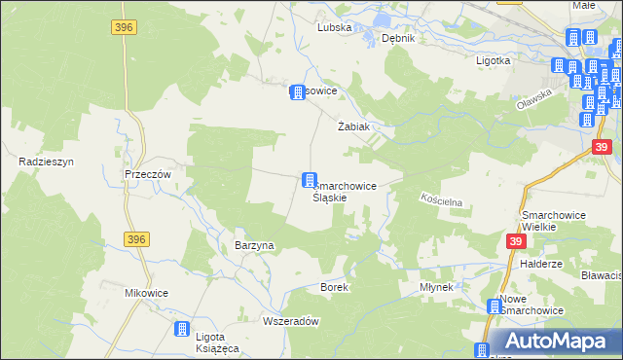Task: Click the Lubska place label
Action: [x=334, y=28]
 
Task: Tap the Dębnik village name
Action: [x=399, y=38]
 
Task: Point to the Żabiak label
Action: [x=352, y=127]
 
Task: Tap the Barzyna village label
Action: [x=255, y=246]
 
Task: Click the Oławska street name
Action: [x=534, y=100]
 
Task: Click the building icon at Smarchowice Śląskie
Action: [x=310, y=180]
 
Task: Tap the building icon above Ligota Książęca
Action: [x=181, y=331]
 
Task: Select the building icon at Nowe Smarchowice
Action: [x=495, y=307]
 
